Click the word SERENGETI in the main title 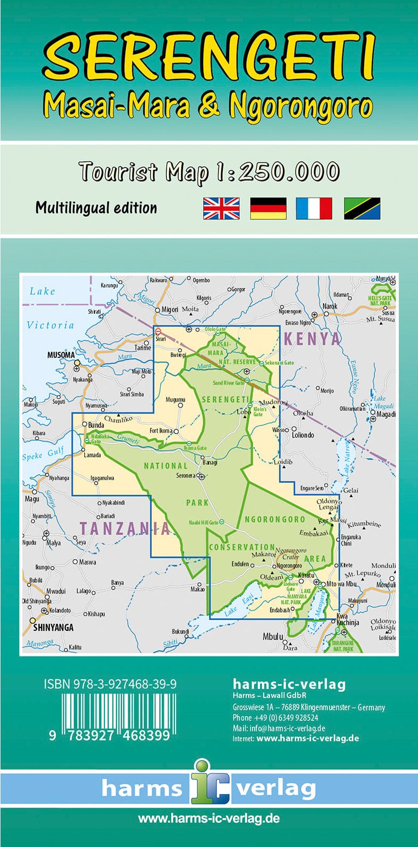209,55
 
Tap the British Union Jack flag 221,208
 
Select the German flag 268,208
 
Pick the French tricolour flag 314,208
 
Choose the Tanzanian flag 362,208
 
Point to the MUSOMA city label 60,355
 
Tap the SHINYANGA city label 53,628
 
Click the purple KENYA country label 312,339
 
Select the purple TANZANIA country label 125,528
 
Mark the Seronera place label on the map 186,475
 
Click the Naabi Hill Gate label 203,523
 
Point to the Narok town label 329,306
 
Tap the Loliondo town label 303,435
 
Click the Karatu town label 306,575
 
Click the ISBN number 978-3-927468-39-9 110,684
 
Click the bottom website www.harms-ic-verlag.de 208,819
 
